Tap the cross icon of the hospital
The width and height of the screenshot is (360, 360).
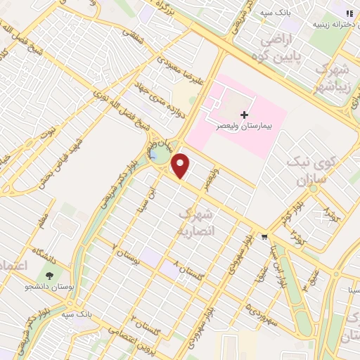click(x=244, y=114)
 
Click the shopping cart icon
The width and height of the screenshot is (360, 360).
click(x=264, y=236)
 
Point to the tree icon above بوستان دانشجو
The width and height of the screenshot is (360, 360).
click(x=49, y=276)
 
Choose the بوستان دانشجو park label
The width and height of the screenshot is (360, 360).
click(x=49, y=287)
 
